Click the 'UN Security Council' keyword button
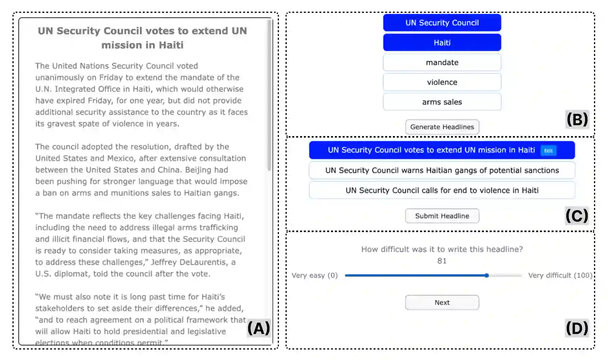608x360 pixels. point(442,23)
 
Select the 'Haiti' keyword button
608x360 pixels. point(442,43)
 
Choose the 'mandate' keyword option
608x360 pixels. point(442,63)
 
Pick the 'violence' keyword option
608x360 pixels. point(442,82)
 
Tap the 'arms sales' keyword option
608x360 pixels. point(442,102)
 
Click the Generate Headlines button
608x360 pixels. point(442,127)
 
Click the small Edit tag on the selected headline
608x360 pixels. point(548,151)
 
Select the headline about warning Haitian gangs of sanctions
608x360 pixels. point(442,171)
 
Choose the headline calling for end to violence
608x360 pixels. point(442,190)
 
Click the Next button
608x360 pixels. point(442,302)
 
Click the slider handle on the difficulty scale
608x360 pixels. point(487,276)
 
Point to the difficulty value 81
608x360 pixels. point(442,261)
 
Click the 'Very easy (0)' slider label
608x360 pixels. point(315,276)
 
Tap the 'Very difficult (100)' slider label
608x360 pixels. point(560,276)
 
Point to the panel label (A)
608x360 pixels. point(259,329)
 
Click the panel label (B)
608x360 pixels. point(577,119)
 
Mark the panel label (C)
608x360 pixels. point(577,216)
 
